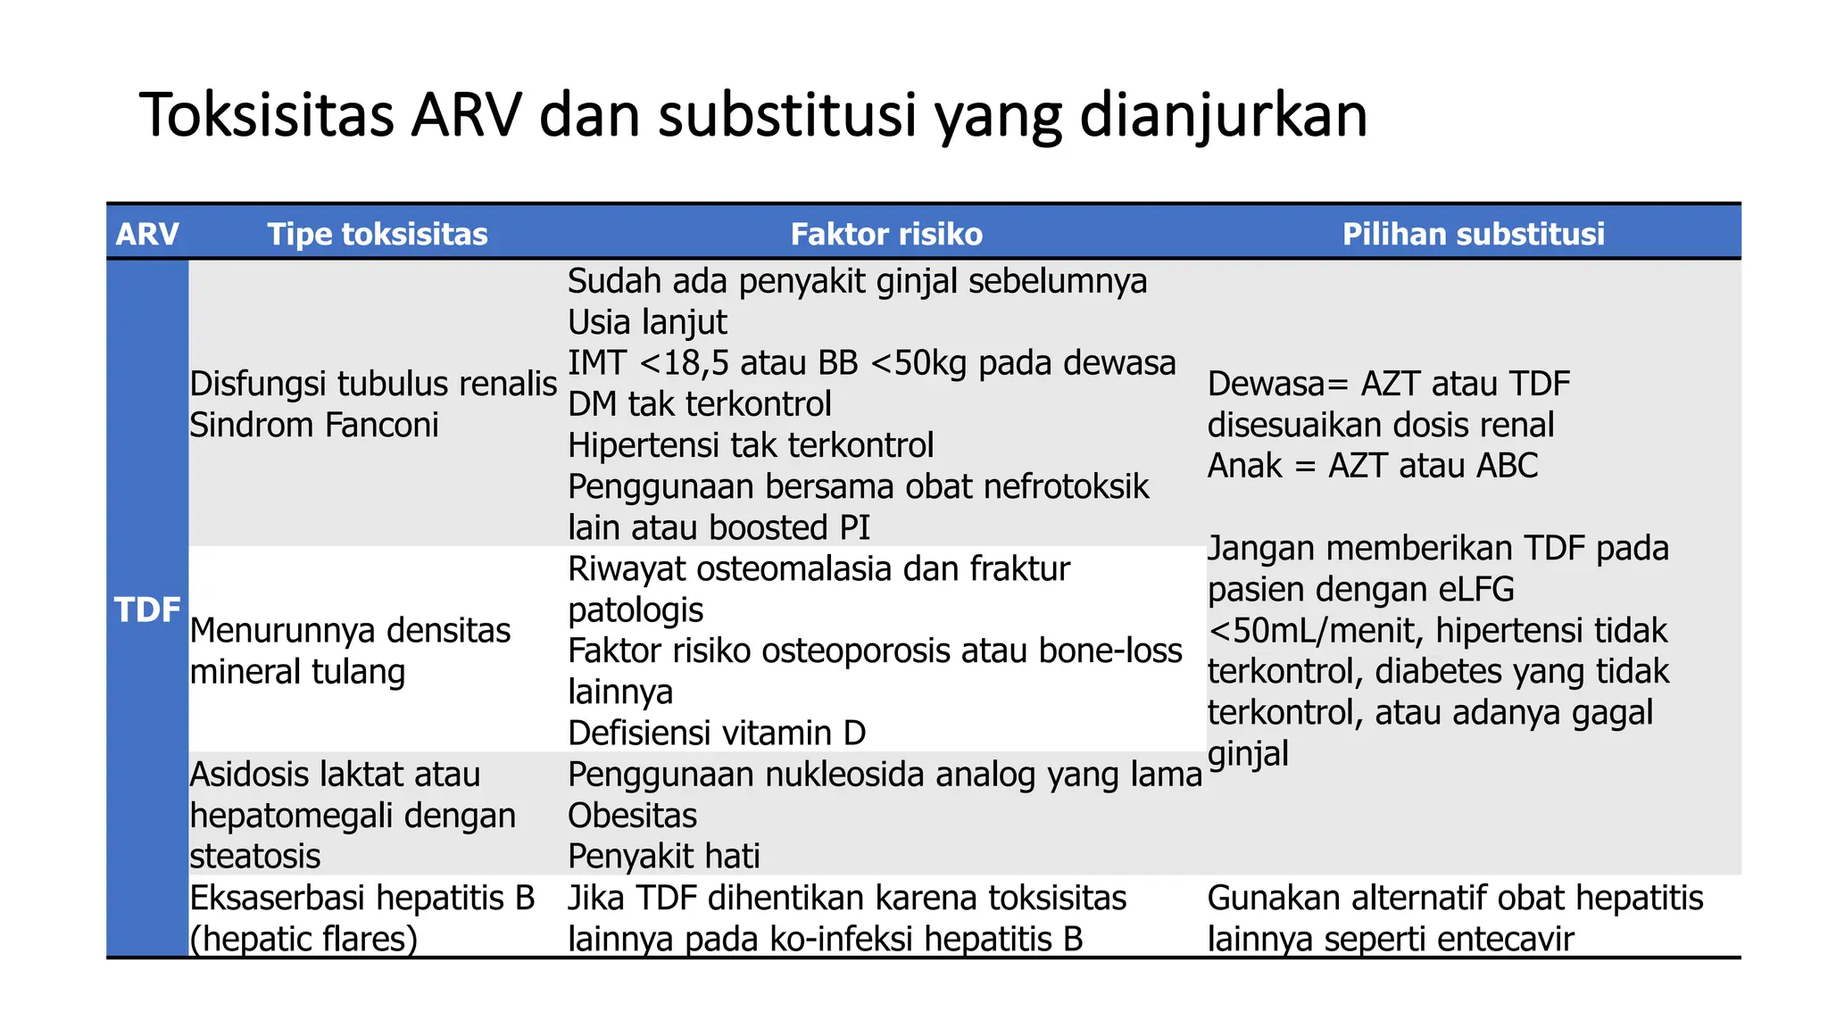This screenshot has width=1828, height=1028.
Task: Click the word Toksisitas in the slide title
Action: point(267,115)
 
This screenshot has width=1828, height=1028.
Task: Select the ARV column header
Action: point(147,234)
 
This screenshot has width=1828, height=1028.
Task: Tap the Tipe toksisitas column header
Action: point(377,234)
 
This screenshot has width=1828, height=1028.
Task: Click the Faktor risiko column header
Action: point(885,234)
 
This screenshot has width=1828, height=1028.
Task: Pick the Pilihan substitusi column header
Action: point(1473,234)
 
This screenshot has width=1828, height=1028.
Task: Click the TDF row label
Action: point(147,610)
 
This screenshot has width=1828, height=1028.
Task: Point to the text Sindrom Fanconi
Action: point(314,425)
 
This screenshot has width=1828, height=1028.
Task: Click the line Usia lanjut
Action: point(647,322)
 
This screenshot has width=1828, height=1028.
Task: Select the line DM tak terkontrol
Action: point(699,404)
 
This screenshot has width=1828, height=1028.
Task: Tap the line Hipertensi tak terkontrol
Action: point(750,445)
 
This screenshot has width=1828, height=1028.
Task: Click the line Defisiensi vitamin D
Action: point(716,734)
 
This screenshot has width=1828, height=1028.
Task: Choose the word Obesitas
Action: point(632,816)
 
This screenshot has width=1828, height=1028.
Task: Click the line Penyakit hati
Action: point(663,857)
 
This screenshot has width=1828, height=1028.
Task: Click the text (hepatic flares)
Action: point(303,939)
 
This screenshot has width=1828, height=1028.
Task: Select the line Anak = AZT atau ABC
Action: point(1372,466)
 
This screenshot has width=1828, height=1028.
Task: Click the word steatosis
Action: point(254,857)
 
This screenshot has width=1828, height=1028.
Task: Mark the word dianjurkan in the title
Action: point(1223,115)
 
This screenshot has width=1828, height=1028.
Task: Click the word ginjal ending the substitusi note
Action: point(1247,754)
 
